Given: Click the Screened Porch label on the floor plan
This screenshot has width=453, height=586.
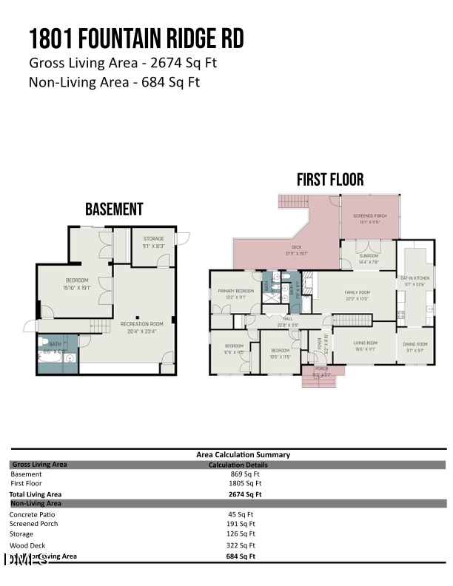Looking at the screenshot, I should [369, 215].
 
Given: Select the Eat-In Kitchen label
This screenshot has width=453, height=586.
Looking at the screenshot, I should [415, 278].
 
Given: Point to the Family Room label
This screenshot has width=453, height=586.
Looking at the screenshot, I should [357, 292].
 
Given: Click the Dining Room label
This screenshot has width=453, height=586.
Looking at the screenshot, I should [415, 344].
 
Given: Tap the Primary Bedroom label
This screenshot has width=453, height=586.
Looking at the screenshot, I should [235, 292].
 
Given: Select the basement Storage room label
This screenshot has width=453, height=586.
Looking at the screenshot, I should [153, 239].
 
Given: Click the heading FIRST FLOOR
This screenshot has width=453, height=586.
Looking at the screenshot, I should [330, 180].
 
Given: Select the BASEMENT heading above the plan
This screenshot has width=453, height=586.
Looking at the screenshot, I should [114, 209].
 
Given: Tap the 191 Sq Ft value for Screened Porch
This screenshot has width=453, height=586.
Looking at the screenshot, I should [241, 524].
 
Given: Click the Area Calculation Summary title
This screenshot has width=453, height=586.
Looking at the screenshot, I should [243, 454].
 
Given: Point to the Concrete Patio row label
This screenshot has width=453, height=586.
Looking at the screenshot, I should [32, 514].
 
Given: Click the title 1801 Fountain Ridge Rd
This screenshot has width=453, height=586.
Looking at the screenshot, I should [136, 38].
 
